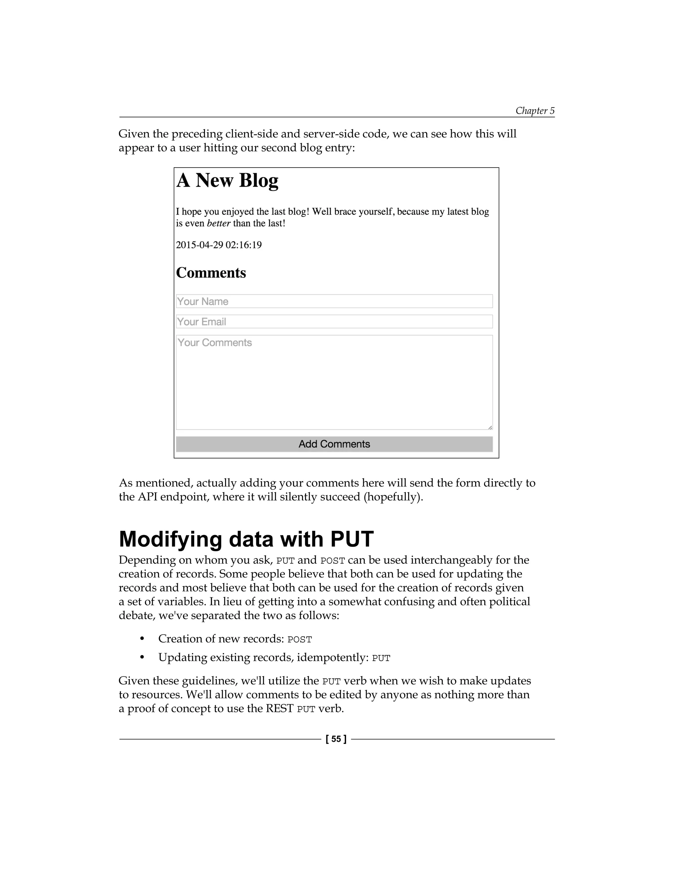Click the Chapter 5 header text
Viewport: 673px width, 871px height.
pos(535,110)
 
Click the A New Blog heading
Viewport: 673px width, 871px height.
pos(227,180)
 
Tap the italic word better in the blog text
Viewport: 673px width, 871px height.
pos(219,223)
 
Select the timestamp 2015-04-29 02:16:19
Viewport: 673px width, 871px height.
pos(219,245)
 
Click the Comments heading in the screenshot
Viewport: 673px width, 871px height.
pos(211,273)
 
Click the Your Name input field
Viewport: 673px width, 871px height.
pos(334,301)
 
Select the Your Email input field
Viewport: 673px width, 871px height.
pos(334,321)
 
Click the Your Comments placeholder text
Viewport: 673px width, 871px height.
pos(215,342)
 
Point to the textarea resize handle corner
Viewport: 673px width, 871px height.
pos(490,427)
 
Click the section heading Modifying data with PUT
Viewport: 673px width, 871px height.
pos(246,539)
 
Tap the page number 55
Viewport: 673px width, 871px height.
pos(336,739)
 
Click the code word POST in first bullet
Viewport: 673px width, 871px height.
pos(299,639)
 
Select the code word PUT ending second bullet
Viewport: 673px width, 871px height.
pos(381,658)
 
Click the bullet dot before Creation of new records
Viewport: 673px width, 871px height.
pos(142,639)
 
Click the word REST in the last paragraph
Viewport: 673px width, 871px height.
pos(280,708)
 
